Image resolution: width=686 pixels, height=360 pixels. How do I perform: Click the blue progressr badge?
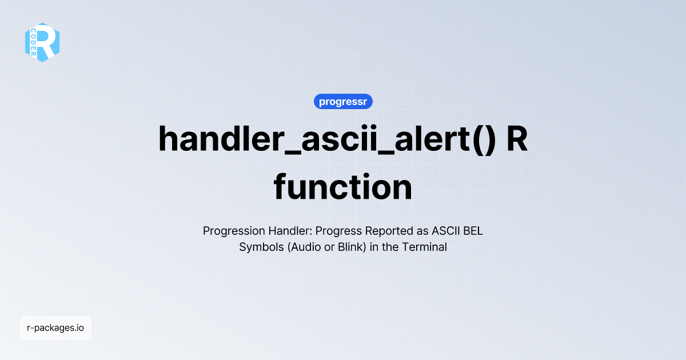[343, 102]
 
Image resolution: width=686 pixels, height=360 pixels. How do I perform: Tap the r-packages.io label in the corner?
[55, 328]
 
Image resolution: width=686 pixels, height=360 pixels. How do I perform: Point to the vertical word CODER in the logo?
[34, 43]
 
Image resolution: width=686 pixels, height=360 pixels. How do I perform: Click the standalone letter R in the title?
[517, 139]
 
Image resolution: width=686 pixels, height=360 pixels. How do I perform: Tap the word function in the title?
[343, 187]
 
